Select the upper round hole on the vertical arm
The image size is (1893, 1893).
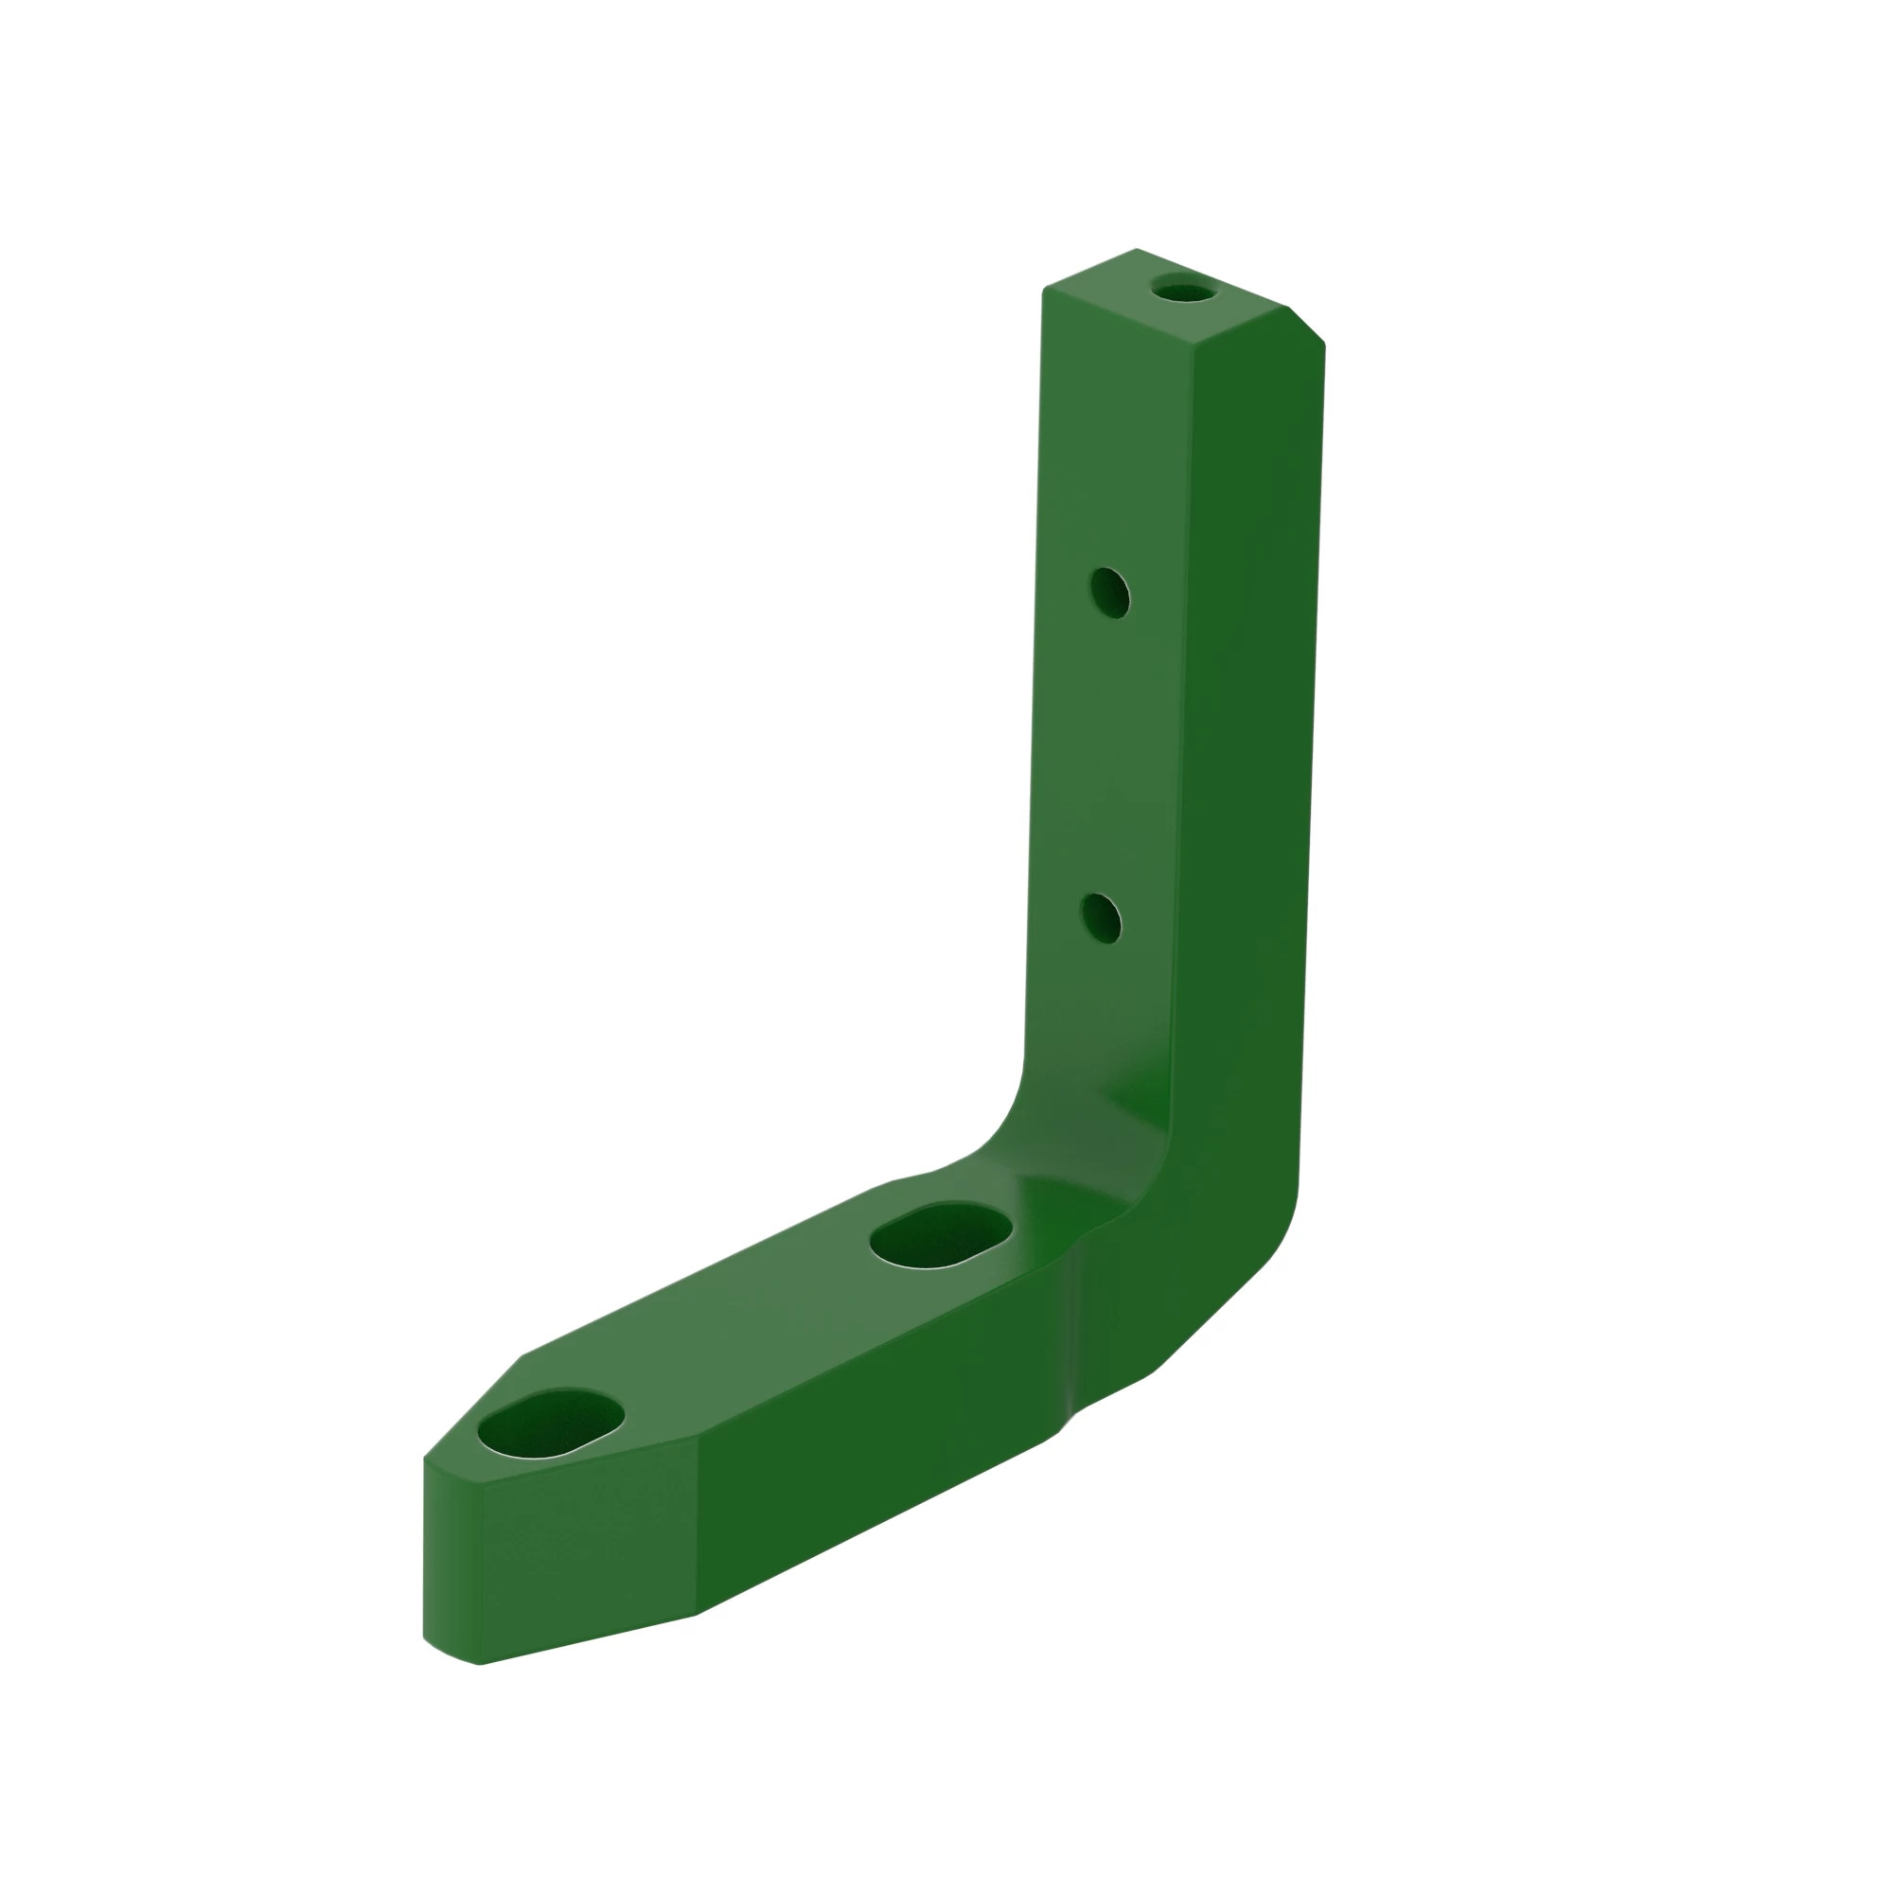[1110, 593]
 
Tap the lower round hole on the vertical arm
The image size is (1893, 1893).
[1103, 918]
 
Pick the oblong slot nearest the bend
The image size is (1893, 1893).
[942, 1236]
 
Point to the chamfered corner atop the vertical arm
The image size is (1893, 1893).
[1307, 326]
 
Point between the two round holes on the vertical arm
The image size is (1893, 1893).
[1106, 754]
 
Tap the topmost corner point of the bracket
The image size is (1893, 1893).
[1137, 249]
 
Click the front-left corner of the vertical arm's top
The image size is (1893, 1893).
[1045, 289]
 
